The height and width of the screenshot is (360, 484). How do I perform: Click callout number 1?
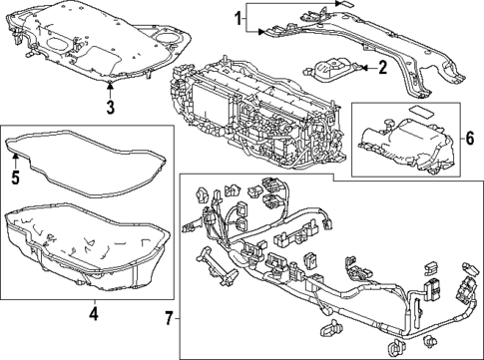click(x=238, y=18)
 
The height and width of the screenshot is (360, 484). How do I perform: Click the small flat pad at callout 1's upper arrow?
click(x=345, y=4)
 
